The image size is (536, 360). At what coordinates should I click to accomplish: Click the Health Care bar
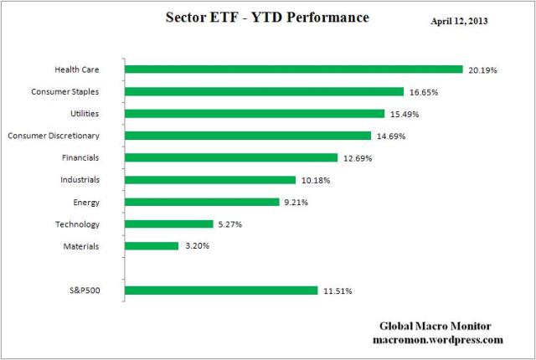(x=293, y=69)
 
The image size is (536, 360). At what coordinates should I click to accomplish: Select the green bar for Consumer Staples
(x=264, y=91)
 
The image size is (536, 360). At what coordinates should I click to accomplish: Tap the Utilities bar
(x=255, y=113)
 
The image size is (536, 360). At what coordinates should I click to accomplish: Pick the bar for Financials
(x=231, y=157)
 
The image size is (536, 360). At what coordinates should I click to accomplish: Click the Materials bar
(x=152, y=245)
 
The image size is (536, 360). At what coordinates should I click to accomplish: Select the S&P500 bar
(x=221, y=291)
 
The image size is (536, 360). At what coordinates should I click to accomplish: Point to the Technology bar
(x=169, y=224)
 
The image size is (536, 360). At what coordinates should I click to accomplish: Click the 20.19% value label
(x=482, y=70)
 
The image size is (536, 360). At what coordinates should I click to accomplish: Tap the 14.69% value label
(x=390, y=136)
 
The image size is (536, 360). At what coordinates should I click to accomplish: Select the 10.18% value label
(x=315, y=180)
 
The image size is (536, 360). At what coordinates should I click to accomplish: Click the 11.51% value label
(x=338, y=291)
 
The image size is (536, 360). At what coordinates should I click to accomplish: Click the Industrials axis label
(x=80, y=179)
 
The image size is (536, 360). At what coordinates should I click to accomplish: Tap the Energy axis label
(x=87, y=202)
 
